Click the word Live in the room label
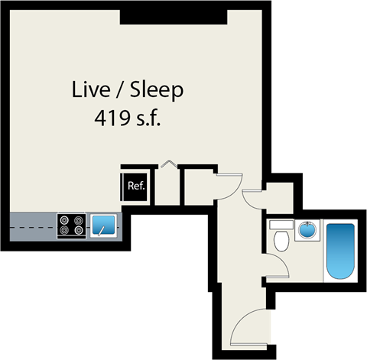pos(91,89)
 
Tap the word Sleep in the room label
pos(157,91)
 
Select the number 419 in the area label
pos(112,118)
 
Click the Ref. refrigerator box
pos(135,186)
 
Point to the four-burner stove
pos(71,226)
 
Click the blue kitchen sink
pos(103,225)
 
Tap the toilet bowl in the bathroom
pos(281,241)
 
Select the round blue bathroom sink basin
pos(307,229)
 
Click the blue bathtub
pos(340,251)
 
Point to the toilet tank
pos(281,225)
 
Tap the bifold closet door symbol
pos(168,164)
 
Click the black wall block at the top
pos(174,17)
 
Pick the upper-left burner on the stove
pos(64,219)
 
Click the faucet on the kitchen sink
pos(102,231)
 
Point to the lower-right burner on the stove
pos(79,230)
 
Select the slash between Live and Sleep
pos(120,89)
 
